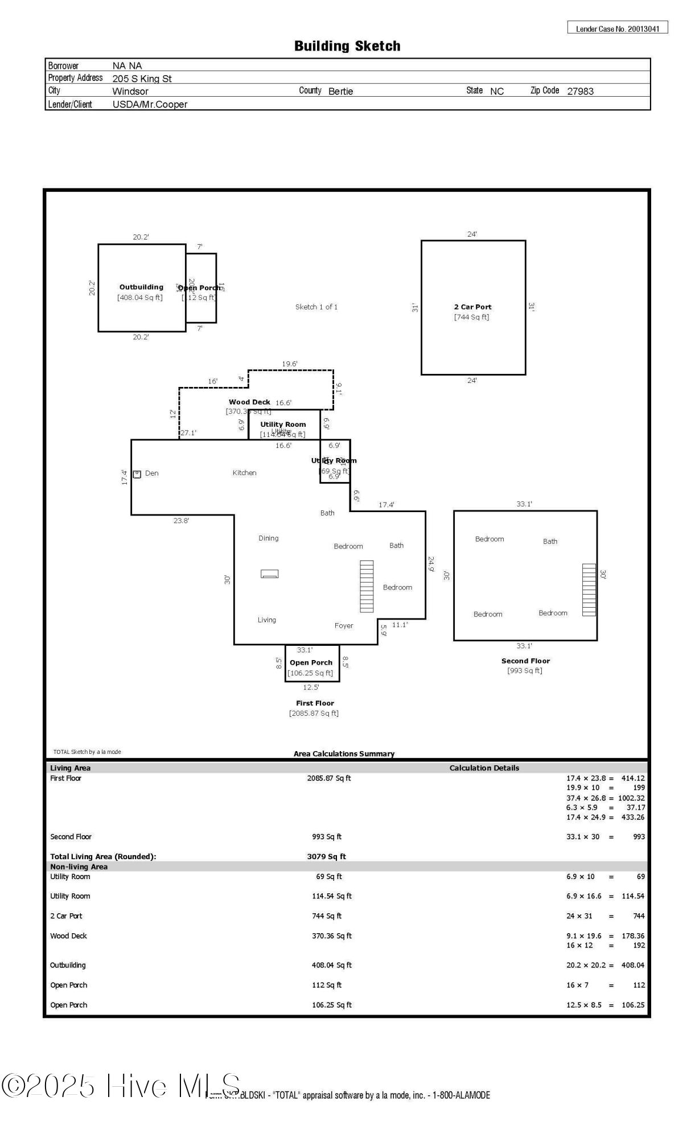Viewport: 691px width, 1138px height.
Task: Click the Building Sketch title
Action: pyautogui.click(x=347, y=46)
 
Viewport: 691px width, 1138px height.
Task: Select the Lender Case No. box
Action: pyautogui.click(x=617, y=28)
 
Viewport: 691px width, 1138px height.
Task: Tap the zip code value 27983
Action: pyautogui.click(x=580, y=91)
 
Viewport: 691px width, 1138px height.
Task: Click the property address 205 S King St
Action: pyautogui.click(x=142, y=79)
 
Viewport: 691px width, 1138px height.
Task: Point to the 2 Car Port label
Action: pyautogui.click(x=472, y=307)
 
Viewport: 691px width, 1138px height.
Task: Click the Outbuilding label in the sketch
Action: pyautogui.click(x=141, y=287)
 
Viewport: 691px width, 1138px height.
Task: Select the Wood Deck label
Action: pyautogui.click(x=249, y=402)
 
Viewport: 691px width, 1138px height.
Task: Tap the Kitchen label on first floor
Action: pyautogui.click(x=244, y=473)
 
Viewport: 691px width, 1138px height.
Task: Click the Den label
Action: pyautogui.click(x=151, y=473)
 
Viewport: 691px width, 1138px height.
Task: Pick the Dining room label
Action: pyautogui.click(x=268, y=538)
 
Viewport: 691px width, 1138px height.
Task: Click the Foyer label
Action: pyautogui.click(x=344, y=625)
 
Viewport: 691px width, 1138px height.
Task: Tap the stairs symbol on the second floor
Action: pyautogui.click(x=589, y=589)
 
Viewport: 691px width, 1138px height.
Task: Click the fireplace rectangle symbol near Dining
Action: pyautogui.click(x=269, y=574)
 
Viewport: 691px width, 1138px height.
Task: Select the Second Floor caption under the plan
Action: pyautogui.click(x=525, y=661)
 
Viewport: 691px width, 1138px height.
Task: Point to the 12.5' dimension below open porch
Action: pyautogui.click(x=311, y=687)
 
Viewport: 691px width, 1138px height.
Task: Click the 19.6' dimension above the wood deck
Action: pyautogui.click(x=290, y=364)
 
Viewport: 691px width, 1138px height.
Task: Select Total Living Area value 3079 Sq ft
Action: pyautogui.click(x=326, y=856)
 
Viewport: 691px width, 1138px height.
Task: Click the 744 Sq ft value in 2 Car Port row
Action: pyautogui.click(x=326, y=916)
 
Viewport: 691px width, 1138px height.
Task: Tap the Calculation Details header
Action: pyautogui.click(x=484, y=768)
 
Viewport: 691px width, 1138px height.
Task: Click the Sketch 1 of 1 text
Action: pyautogui.click(x=316, y=307)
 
